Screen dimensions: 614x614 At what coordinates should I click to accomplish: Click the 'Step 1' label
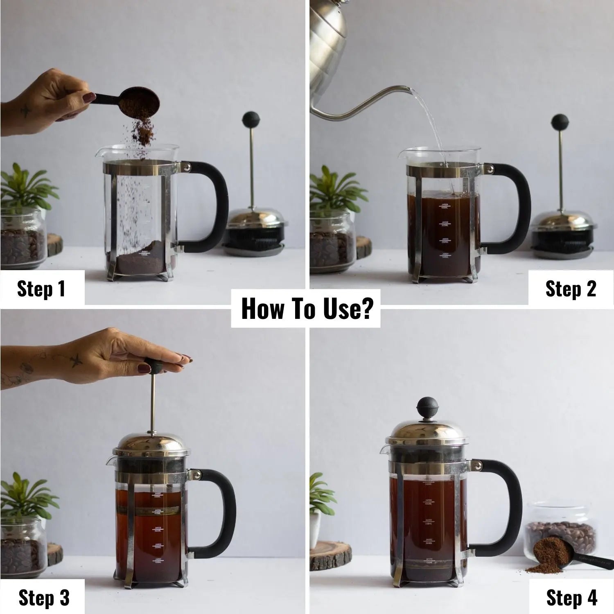click(41, 289)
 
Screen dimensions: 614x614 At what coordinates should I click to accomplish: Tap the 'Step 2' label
click(571, 289)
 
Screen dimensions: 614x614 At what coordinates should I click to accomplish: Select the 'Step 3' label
click(44, 598)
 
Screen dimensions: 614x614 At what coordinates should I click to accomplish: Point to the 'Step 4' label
click(571, 598)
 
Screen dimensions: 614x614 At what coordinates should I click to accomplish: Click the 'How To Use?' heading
click(306, 309)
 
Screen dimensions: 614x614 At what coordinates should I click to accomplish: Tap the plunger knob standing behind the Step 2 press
click(560, 122)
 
